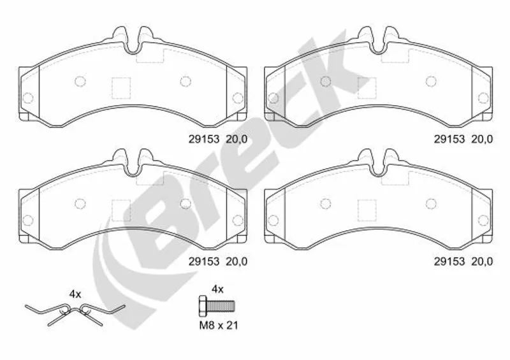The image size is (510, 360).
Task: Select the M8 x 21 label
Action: pos(219,325)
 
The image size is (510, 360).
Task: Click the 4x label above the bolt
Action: pos(217,289)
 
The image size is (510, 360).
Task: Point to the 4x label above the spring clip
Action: pos(75,294)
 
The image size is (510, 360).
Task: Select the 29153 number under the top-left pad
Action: pos(204,139)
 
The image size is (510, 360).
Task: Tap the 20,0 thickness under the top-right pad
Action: pos(482,139)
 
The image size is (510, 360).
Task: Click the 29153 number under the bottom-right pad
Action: pos(449,261)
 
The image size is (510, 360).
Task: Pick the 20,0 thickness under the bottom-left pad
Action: pos(237,261)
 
